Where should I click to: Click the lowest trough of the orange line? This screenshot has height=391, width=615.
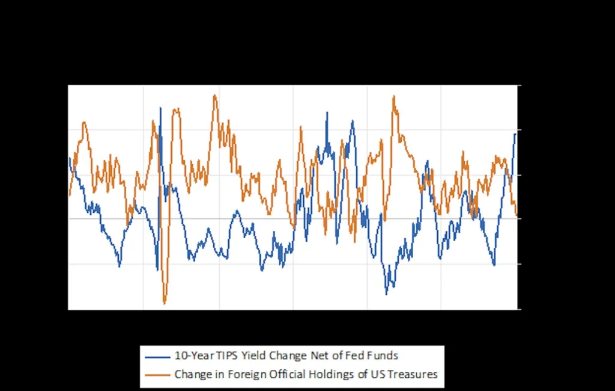coord(164,303)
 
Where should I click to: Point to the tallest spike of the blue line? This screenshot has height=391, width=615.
coord(160,108)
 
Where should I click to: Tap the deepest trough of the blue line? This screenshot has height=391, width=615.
coord(386,294)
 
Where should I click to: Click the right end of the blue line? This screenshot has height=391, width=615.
coord(515,133)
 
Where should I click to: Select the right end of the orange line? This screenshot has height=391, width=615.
coord(517,215)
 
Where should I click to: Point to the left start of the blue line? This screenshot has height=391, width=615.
coord(69,158)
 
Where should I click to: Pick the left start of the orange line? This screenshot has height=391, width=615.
coord(69,195)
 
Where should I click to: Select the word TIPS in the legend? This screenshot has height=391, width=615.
coord(229,356)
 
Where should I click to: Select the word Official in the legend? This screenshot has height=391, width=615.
coord(276,375)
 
